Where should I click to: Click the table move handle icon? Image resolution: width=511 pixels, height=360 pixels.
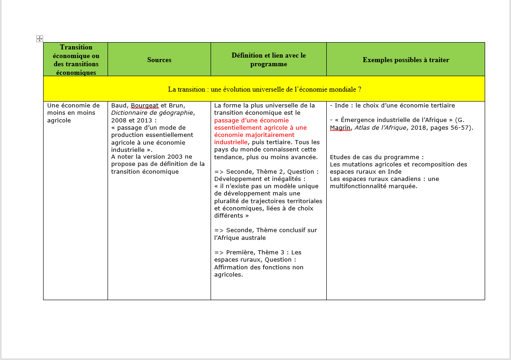(x=39, y=39)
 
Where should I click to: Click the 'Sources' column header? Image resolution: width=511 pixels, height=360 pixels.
(x=159, y=60)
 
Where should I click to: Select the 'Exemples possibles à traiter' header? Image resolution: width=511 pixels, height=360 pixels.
(x=406, y=60)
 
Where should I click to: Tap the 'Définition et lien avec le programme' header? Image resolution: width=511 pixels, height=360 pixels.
(x=269, y=59)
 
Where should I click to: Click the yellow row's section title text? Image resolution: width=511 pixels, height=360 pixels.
(x=264, y=89)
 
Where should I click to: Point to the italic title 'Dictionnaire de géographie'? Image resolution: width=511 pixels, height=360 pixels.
(x=152, y=113)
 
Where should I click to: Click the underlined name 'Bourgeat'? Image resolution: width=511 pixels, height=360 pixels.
(x=144, y=106)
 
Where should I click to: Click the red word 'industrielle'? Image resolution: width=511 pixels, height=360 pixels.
(x=231, y=142)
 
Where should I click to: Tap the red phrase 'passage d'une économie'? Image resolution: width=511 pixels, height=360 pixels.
(x=251, y=120)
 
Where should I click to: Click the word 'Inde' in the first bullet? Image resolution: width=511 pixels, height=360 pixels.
(x=342, y=106)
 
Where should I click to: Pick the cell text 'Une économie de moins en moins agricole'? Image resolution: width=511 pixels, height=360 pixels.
(x=73, y=113)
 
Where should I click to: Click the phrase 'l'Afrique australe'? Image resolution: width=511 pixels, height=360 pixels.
(x=240, y=238)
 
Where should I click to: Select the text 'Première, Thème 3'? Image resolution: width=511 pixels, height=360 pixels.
(x=257, y=252)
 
